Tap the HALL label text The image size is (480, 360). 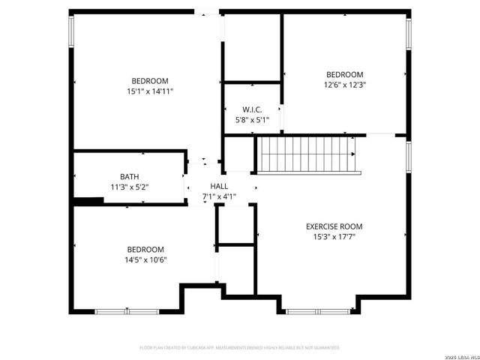point(219,187)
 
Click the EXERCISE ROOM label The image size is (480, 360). point(334,226)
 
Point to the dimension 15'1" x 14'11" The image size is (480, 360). point(150,91)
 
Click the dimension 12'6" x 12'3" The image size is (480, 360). point(344,85)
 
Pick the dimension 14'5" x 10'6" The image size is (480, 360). point(145,260)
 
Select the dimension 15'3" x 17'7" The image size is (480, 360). point(334,237)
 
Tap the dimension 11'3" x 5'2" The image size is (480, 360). point(129,187)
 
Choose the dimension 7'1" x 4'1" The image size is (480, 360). point(219,197)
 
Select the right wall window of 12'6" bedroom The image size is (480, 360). point(409,35)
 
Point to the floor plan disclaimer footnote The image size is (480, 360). point(240,348)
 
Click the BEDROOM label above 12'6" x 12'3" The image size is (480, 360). point(344,74)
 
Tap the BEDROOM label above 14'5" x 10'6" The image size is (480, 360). point(145,250)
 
